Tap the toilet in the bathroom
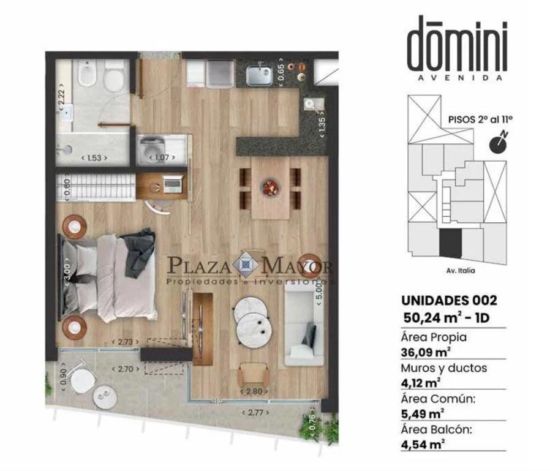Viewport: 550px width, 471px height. [x=114, y=76]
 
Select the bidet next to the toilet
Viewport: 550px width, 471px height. [x=86, y=73]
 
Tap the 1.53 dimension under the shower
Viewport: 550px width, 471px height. [x=94, y=158]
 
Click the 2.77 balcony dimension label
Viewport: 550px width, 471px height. [x=255, y=412]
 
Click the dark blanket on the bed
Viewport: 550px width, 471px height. [x=139, y=250]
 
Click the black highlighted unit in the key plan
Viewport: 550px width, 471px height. [x=450, y=244]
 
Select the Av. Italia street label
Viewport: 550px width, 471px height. [x=461, y=270]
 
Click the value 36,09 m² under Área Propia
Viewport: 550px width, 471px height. [x=426, y=352]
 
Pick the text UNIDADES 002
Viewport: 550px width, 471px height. [x=449, y=300]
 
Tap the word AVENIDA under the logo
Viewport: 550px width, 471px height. [x=460, y=78]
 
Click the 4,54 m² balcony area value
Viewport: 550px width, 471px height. [x=423, y=444]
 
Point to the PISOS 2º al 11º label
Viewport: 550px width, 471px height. [x=480, y=119]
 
